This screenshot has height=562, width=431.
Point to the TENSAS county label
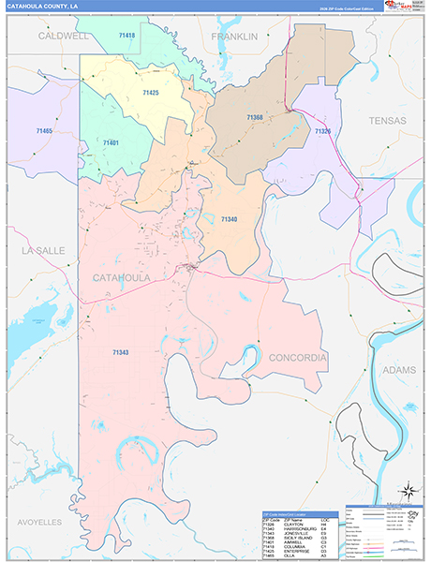pos(388,121)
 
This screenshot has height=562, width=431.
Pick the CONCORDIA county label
pos(298,358)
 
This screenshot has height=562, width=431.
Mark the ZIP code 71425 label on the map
pos(151,94)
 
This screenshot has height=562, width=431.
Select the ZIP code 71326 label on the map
pos(323,131)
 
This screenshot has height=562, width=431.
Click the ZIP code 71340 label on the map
pos(230,218)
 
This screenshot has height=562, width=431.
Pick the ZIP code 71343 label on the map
pos(121,352)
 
